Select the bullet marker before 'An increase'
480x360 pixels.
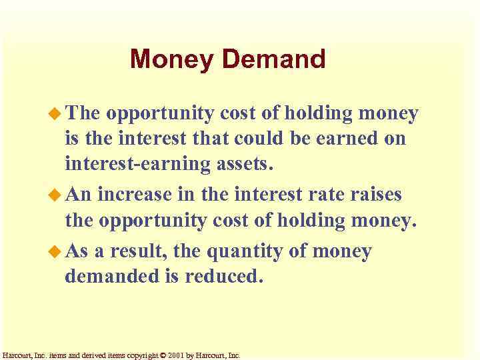(x=56, y=195)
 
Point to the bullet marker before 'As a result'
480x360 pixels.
(x=56, y=252)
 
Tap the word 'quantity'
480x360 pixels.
(x=246, y=252)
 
